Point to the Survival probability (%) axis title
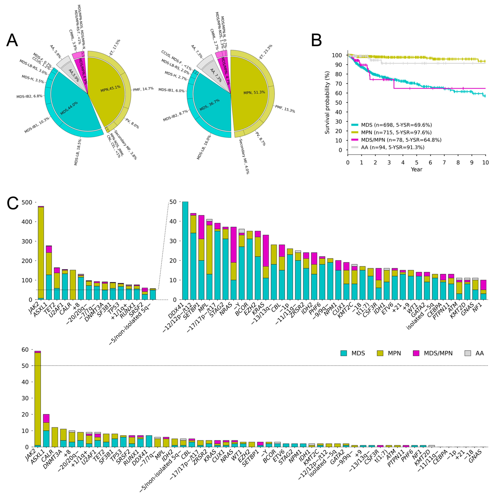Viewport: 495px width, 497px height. click(x=327, y=102)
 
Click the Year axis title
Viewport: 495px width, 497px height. click(x=416, y=169)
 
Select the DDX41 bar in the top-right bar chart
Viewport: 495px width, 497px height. click(x=185, y=251)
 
